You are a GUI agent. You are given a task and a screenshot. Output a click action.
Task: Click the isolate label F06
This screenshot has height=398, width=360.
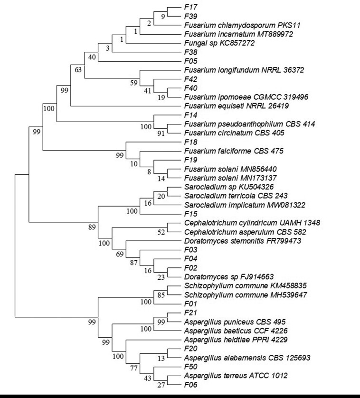tap(191, 385)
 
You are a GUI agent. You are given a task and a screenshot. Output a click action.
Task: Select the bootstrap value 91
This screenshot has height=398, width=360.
tap(161, 133)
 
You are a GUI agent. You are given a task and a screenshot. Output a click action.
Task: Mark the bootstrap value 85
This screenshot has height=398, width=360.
tap(161, 295)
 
